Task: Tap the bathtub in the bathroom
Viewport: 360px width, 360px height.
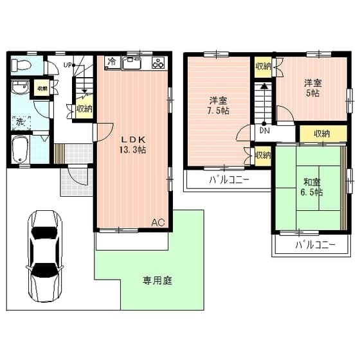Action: pyautogui.click(x=21, y=149)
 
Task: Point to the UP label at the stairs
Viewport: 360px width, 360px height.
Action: pyautogui.click(x=67, y=64)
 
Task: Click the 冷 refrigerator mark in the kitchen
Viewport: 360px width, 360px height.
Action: pyautogui.click(x=112, y=62)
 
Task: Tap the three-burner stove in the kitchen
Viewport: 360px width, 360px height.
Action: pyautogui.click(x=158, y=62)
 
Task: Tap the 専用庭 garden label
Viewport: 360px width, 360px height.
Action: pyautogui.click(x=157, y=280)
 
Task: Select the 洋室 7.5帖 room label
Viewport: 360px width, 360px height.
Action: pyautogui.click(x=218, y=105)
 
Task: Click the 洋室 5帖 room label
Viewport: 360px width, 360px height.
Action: pyautogui.click(x=312, y=87)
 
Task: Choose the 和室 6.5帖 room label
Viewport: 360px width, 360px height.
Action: pyautogui.click(x=310, y=186)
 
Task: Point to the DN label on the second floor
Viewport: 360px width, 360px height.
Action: pyautogui.click(x=264, y=130)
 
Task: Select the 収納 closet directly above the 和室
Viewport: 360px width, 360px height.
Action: pyautogui.click(x=321, y=134)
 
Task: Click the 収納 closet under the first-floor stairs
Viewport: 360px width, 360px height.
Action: pyautogui.click(x=84, y=109)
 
